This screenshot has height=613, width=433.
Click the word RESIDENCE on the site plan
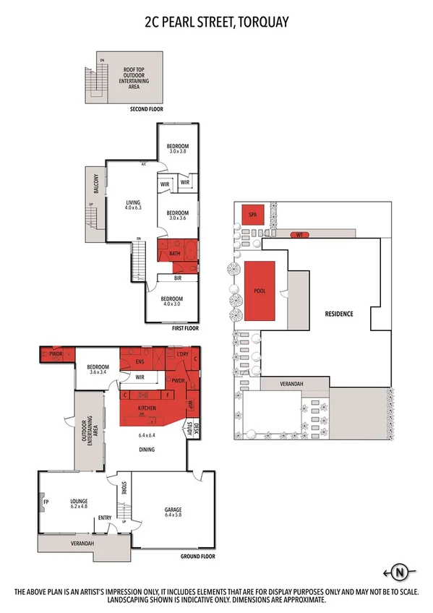click(x=335, y=314)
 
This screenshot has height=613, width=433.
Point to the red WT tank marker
click(x=298, y=235)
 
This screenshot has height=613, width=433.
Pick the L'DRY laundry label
click(x=181, y=355)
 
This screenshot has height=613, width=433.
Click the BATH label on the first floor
click(x=174, y=254)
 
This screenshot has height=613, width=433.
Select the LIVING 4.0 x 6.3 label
click(x=132, y=206)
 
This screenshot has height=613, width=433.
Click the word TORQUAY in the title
click(x=257, y=22)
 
